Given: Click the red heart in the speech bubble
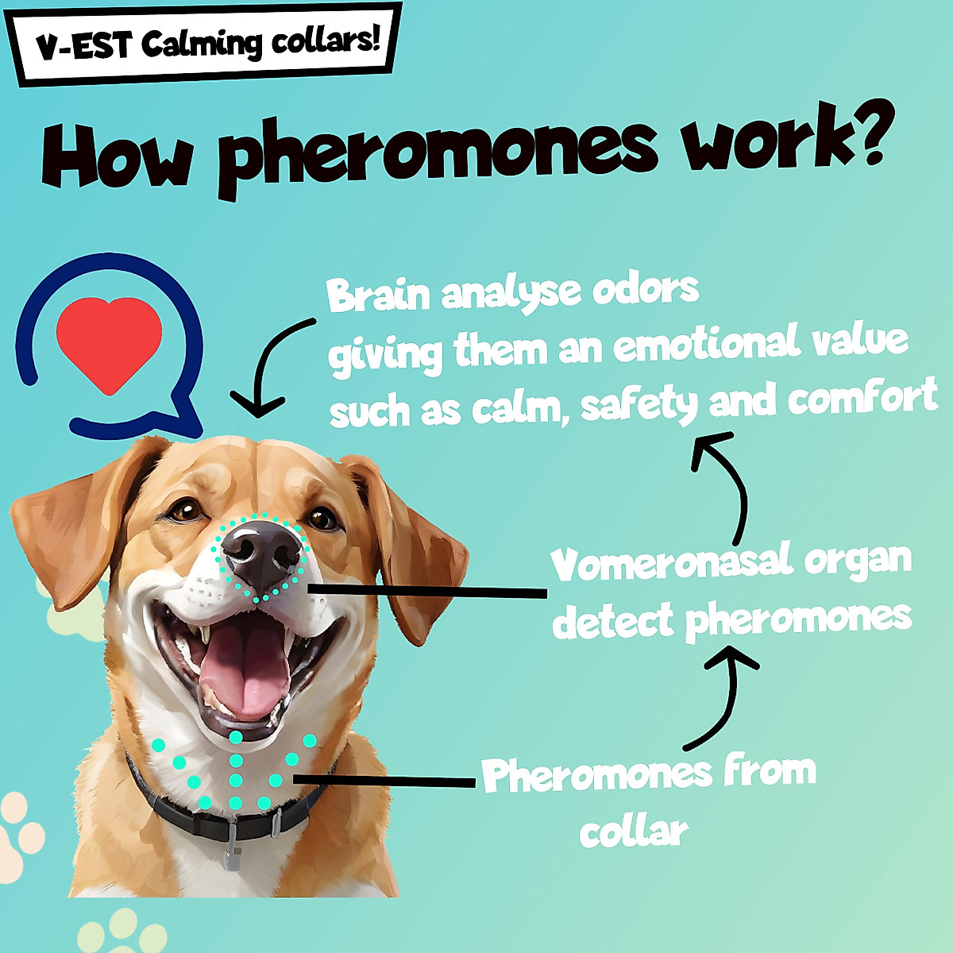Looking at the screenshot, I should [x=110, y=343].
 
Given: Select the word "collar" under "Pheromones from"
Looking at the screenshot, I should [x=633, y=832].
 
